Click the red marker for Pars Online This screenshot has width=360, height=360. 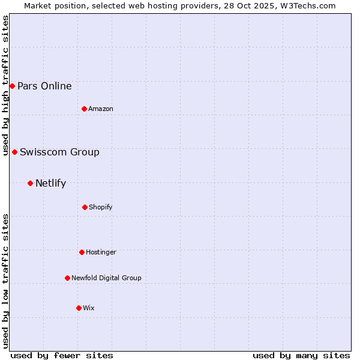[x=12, y=86]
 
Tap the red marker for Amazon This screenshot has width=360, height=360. [x=84, y=109]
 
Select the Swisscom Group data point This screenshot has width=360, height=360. [x=14, y=152]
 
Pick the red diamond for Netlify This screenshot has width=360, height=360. [x=30, y=183]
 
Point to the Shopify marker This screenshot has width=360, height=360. [x=85, y=207]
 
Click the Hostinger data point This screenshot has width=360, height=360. [x=82, y=252]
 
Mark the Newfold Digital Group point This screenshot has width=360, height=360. [x=67, y=278]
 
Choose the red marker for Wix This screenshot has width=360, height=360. [x=79, y=308]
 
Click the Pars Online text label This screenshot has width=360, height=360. [x=44, y=86]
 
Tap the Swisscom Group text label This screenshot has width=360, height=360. [x=59, y=152]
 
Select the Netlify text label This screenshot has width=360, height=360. [x=50, y=183]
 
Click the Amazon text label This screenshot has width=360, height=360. [x=101, y=109]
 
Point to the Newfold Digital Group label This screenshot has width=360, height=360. [x=106, y=278]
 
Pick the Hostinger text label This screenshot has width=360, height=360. [x=101, y=252]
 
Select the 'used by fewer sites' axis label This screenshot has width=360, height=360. [x=62, y=355]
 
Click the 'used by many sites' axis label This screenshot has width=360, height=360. [x=301, y=355]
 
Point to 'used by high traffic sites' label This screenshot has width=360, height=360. [x=5, y=86]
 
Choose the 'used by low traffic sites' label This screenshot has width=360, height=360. [x=5, y=281]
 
